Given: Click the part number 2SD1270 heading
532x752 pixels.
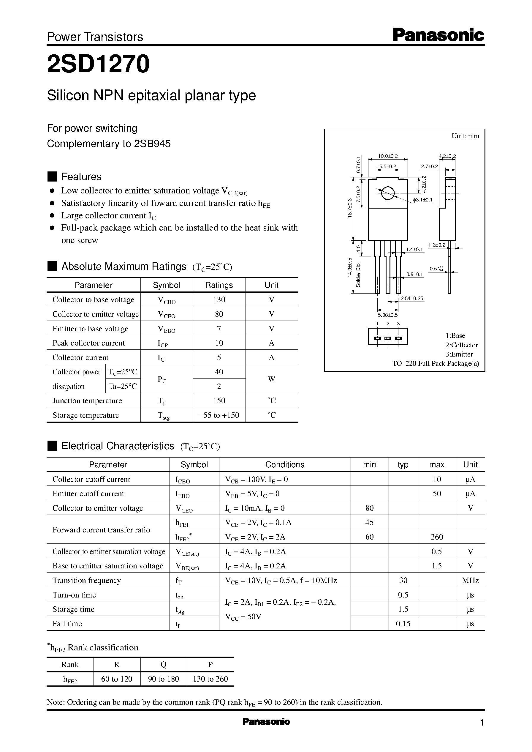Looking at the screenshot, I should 98,64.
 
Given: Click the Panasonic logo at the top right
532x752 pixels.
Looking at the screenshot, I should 438,35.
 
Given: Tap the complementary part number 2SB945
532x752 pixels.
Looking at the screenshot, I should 152,144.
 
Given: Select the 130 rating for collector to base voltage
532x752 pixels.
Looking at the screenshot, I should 219,299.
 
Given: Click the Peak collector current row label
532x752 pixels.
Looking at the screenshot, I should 88,343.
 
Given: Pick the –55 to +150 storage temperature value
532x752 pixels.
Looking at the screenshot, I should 219,415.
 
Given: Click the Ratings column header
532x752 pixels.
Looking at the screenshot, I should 219,285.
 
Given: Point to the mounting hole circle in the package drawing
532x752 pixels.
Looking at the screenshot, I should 387,193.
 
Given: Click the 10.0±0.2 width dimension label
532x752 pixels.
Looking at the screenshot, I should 387,156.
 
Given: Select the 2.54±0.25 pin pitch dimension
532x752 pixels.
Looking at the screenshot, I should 412,298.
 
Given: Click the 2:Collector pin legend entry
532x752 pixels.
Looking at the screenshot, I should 461,345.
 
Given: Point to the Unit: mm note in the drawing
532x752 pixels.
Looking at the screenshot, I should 465,136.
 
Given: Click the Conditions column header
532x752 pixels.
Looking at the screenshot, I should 284,464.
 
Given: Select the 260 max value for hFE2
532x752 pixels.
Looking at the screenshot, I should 437,537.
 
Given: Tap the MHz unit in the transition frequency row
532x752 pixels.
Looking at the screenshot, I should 470,581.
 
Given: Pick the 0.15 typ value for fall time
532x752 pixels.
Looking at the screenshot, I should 403,624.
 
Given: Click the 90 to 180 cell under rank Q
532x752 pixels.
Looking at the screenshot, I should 164,679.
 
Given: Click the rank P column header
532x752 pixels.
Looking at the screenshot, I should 210,664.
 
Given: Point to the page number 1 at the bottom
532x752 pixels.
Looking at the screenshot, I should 482,723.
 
